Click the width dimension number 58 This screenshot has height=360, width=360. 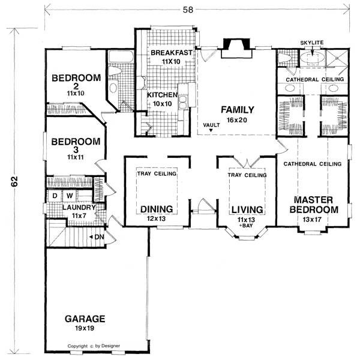tap(188, 10)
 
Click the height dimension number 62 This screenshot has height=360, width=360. tap(14, 181)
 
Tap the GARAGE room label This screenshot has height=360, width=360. tap(85, 319)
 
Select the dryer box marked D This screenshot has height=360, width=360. tap(55, 196)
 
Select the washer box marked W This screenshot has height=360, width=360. tap(70, 196)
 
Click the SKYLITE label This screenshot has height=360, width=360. tap(312, 43)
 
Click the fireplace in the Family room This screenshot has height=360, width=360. tap(236, 48)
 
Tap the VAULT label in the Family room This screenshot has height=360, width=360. tap(211, 125)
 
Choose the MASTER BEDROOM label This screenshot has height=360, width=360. tap(314, 205)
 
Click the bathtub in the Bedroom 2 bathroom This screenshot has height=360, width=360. tap(121, 56)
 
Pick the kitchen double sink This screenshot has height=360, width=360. tap(183, 102)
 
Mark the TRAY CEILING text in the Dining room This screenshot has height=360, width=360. tap(157, 173)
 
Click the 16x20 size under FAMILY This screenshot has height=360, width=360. tap(237, 120)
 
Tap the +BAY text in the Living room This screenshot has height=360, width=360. tap(246, 226)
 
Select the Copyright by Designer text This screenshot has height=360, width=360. tap(94, 346)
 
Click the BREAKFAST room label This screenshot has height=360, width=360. tap(172, 53)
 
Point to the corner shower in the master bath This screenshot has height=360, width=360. tap(337, 58)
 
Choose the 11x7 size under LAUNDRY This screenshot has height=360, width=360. tap(79, 215)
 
